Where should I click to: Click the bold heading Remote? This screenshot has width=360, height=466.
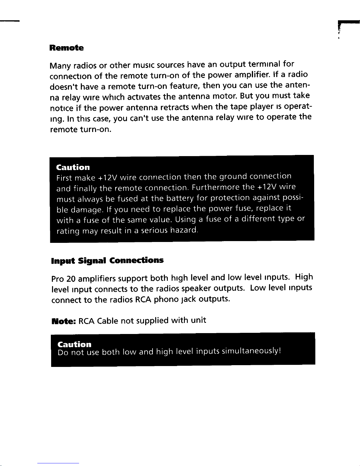click(x=66, y=48)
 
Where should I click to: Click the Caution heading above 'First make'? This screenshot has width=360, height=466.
click(x=73, y=167)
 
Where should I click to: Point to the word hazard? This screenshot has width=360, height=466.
click(x=184, y=230)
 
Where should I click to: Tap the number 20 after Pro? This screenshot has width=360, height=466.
click(x=71, y=279)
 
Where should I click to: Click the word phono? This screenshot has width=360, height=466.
click(x=166, y=299)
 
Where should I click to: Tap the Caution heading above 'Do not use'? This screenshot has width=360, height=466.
click(x=74, y=344)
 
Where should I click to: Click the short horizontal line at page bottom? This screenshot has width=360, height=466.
click(x=58, y=463)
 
